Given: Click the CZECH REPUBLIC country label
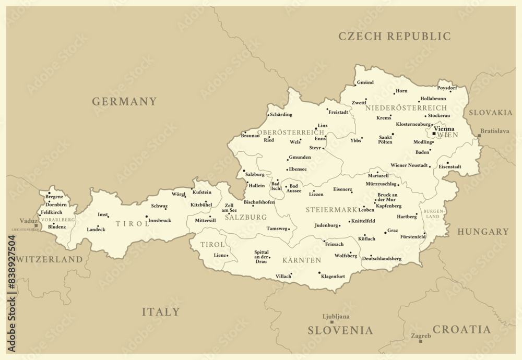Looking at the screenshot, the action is (395, 37).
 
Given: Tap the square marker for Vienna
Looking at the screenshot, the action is (434, 134).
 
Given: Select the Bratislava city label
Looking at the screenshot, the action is (494, 131).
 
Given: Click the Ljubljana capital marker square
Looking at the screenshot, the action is (331, 322).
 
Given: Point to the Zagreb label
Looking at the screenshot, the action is (421, 335).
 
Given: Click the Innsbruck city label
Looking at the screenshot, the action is (160, 221).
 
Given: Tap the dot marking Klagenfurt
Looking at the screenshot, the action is (319, 272).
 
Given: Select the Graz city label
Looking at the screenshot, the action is (393, 230).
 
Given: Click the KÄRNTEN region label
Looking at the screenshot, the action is (302, 259).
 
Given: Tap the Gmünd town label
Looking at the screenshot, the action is (365, 82).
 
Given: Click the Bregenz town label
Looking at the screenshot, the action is (54, 197).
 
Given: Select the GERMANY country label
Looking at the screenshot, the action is (124, 102).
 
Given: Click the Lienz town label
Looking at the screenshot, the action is (220, 256).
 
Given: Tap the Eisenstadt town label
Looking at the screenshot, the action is (450, 166).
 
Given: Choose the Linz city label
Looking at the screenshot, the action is (323, 126).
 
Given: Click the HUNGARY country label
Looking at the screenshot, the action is (483, 232).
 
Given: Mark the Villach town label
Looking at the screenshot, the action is (283, 276).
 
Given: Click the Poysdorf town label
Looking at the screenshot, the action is (447, 88).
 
